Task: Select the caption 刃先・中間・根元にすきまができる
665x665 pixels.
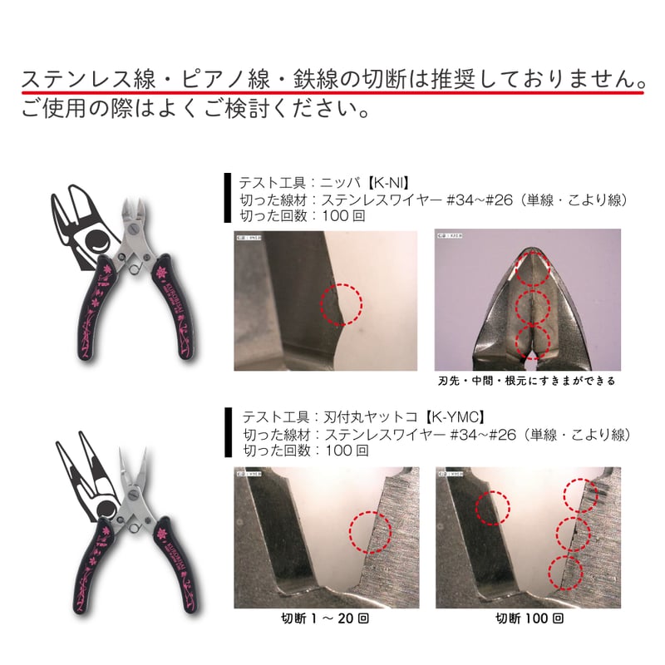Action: [526, 382]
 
